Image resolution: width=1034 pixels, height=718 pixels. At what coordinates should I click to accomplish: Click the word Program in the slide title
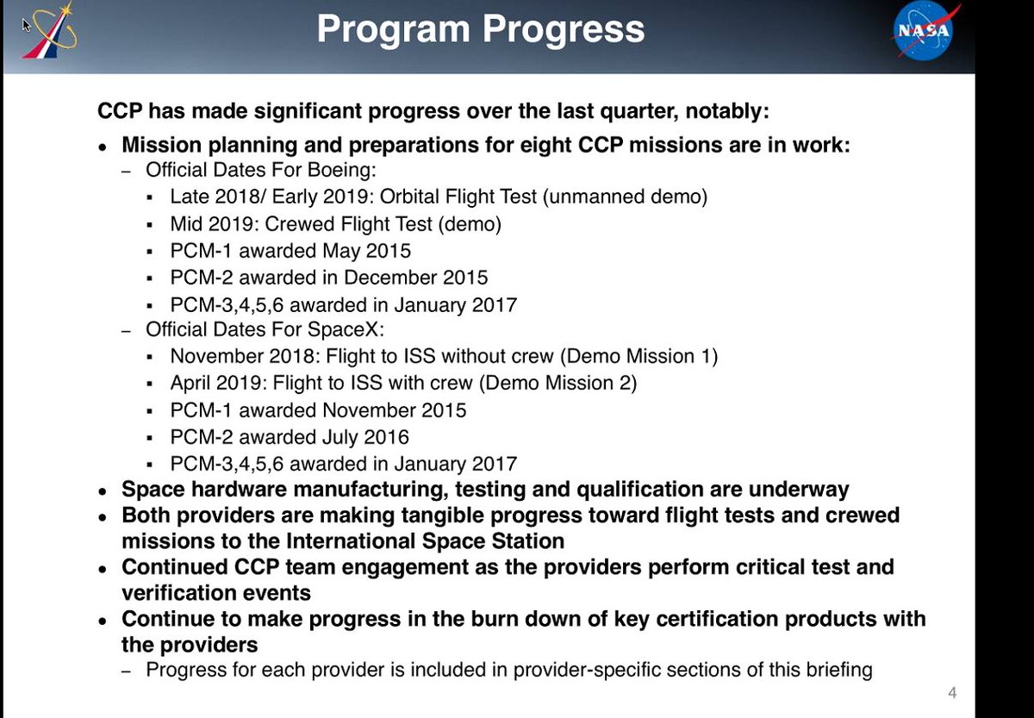coord(394,30)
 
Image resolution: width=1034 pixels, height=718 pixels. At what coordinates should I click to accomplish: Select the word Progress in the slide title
coord(564,29)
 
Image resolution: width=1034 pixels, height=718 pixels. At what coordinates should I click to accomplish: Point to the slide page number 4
coord(952,693)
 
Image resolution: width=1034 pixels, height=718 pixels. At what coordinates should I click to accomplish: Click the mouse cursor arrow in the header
coord(27,24)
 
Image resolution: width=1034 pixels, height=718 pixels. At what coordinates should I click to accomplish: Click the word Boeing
coord(341,170)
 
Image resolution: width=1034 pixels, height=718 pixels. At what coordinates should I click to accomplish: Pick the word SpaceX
coord(346,329)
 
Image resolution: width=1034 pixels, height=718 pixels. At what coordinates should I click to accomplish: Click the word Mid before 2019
coord(186,224)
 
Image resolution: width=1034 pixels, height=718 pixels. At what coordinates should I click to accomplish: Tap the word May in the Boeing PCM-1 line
coord(341,251)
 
